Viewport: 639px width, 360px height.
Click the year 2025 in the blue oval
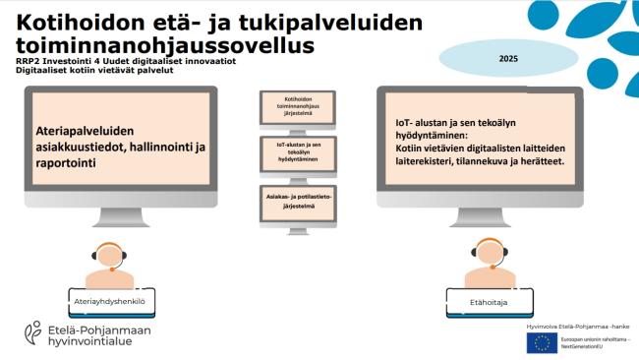[508, 59]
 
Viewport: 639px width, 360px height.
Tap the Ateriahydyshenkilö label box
[115, 298]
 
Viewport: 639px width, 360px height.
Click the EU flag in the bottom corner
[540, 341]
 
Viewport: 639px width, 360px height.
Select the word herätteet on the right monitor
[539, 161]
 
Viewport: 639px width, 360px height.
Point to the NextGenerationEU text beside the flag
[581, 345]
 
